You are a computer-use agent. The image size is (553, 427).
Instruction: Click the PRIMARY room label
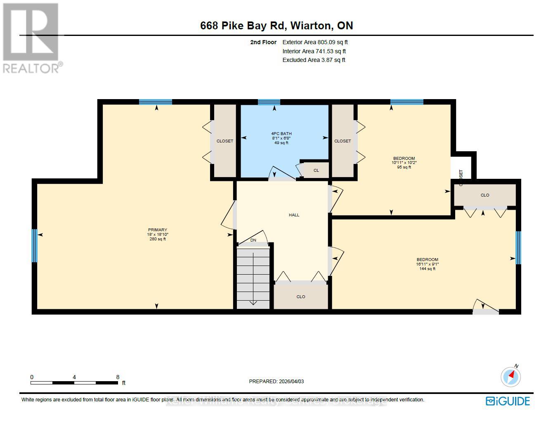(158, 230)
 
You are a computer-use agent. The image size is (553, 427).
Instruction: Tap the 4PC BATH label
(281, 133)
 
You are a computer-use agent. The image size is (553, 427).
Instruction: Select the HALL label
(294, 215)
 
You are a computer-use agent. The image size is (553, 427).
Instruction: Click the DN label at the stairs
(253, 240)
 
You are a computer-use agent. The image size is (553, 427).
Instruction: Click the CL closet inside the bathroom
(316, 170)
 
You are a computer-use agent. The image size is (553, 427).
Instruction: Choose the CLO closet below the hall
(301, 297)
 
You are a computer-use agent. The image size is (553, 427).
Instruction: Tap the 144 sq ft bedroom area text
(427, 269)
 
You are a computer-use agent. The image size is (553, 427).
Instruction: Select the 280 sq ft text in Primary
(158, 239)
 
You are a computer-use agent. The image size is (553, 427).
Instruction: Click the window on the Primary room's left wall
(35, 246)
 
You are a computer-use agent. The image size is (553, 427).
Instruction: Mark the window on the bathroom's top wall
(269, 102)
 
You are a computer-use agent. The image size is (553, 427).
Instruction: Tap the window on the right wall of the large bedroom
(518, 247)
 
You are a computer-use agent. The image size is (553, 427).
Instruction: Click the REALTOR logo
(32, 38)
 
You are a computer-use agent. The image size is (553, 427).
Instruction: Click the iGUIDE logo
(508, 401)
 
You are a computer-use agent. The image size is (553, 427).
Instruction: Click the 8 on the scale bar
(118, 377)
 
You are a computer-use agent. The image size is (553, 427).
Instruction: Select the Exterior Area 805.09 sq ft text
(315, 42)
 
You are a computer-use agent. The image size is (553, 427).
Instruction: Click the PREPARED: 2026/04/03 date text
(276, 382)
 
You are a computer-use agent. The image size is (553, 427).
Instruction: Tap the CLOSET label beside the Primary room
(225, 141)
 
